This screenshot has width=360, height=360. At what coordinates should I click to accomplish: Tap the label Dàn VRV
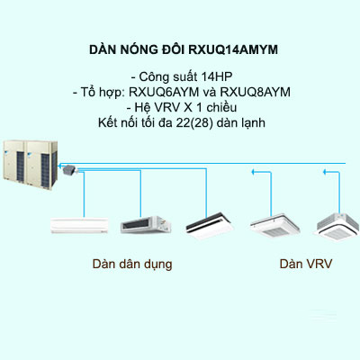coord(301,265)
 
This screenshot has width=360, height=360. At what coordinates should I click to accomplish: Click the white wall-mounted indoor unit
coord(78,223)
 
